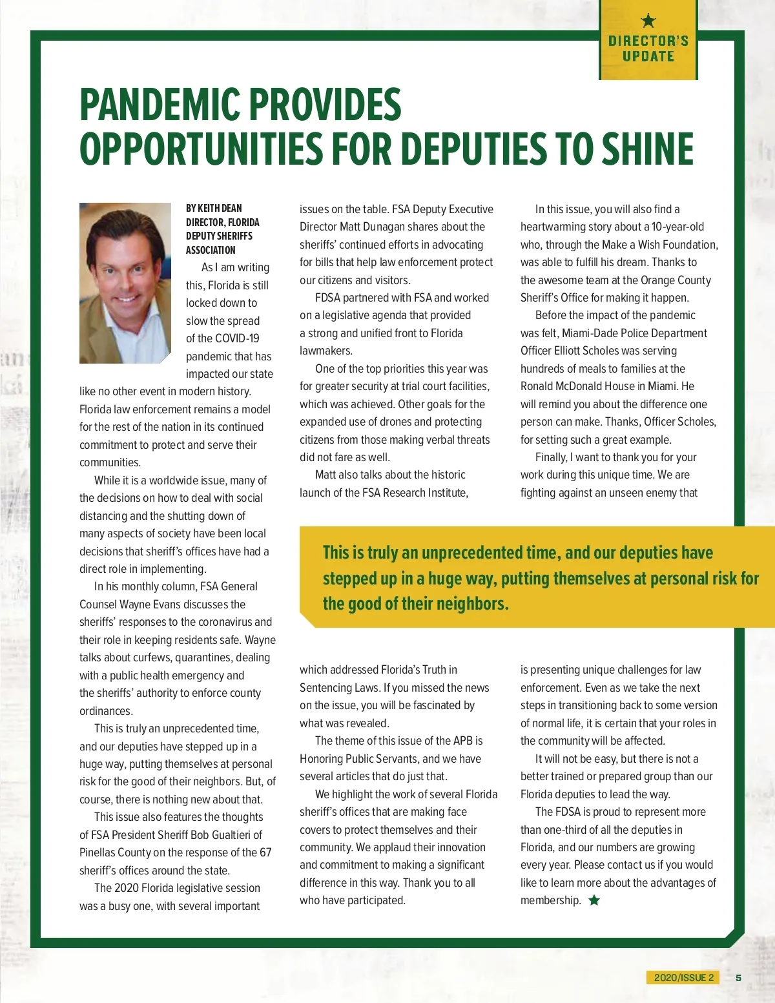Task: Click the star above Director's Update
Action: pyautogui.click(x=648, y=21)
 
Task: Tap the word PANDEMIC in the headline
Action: pyautogui.click(x=161, y=105)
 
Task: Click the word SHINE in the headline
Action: pyautogui.click(x=648, y=149)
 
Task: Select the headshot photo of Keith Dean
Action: pyautogui.click(x=125, y=283)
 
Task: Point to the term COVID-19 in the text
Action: pyautogui.click(x=236, y=338)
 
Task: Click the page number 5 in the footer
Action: pyautogui.click(x=738, y=978)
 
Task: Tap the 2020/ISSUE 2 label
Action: pyautogui.click(x=683, y=978)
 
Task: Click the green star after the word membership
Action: pyautogui.click(x=594, y=900)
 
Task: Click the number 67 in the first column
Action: pyautogui.click(x=265, y=853)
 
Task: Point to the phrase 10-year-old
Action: pyautogui.click(x=677, y=227)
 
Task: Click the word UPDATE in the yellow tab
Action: pyautogui.click(x=648, y=56)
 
